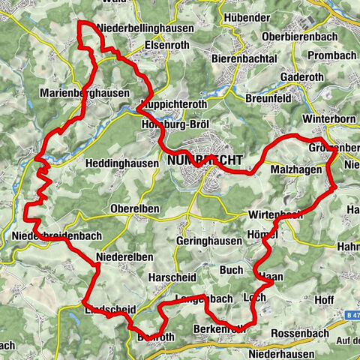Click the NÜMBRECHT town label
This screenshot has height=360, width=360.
click(x=195, y=160)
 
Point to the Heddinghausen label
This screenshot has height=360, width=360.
click(x=121, y=163)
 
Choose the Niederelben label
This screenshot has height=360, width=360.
click(x=124, y=256)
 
